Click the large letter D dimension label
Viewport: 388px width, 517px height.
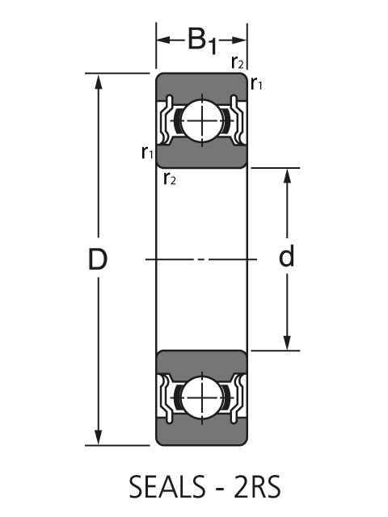[x=98, y=259]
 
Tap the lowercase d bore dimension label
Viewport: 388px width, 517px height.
[x=286, y=258]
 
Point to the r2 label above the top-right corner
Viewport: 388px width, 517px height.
[x=238, y=61]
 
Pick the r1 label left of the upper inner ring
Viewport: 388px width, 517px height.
[x=146, y=152]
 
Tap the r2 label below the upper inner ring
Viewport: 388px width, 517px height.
[x=169, y=179]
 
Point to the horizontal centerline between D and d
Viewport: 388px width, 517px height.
[x=201, y=259]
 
